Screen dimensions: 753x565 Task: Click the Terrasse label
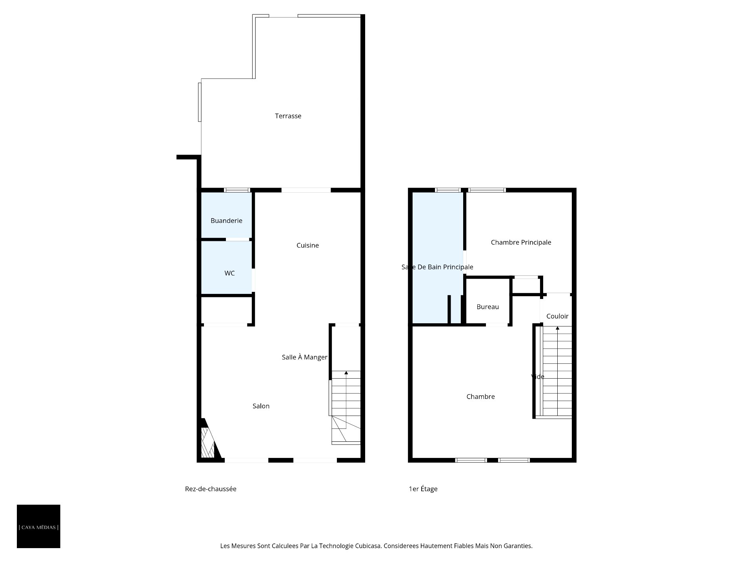coord(288,116)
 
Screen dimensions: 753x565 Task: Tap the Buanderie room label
coord(226,221)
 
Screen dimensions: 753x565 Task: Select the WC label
coord(229,273)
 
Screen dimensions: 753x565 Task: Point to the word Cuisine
coord(307,245)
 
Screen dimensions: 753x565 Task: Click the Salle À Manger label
coord(304,357)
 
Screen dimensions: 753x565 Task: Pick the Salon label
coord(261,406)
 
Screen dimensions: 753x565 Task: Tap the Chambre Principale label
coord(521,242)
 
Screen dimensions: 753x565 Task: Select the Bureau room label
coord(487,307)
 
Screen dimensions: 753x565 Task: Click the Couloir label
coord(557,316)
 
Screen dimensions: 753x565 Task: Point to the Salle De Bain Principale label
coord(437,267)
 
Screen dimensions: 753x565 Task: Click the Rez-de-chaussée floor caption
coord(211,489)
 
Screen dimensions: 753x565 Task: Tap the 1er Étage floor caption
coord(423,489)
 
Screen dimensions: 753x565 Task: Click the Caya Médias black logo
coord(38,526)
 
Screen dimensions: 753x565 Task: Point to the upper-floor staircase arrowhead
coord(557,328)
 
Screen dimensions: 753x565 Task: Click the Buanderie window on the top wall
coord(237,190)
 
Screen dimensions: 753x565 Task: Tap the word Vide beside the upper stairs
coord(538,377)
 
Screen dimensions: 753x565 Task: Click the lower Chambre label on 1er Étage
coord(480,397)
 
